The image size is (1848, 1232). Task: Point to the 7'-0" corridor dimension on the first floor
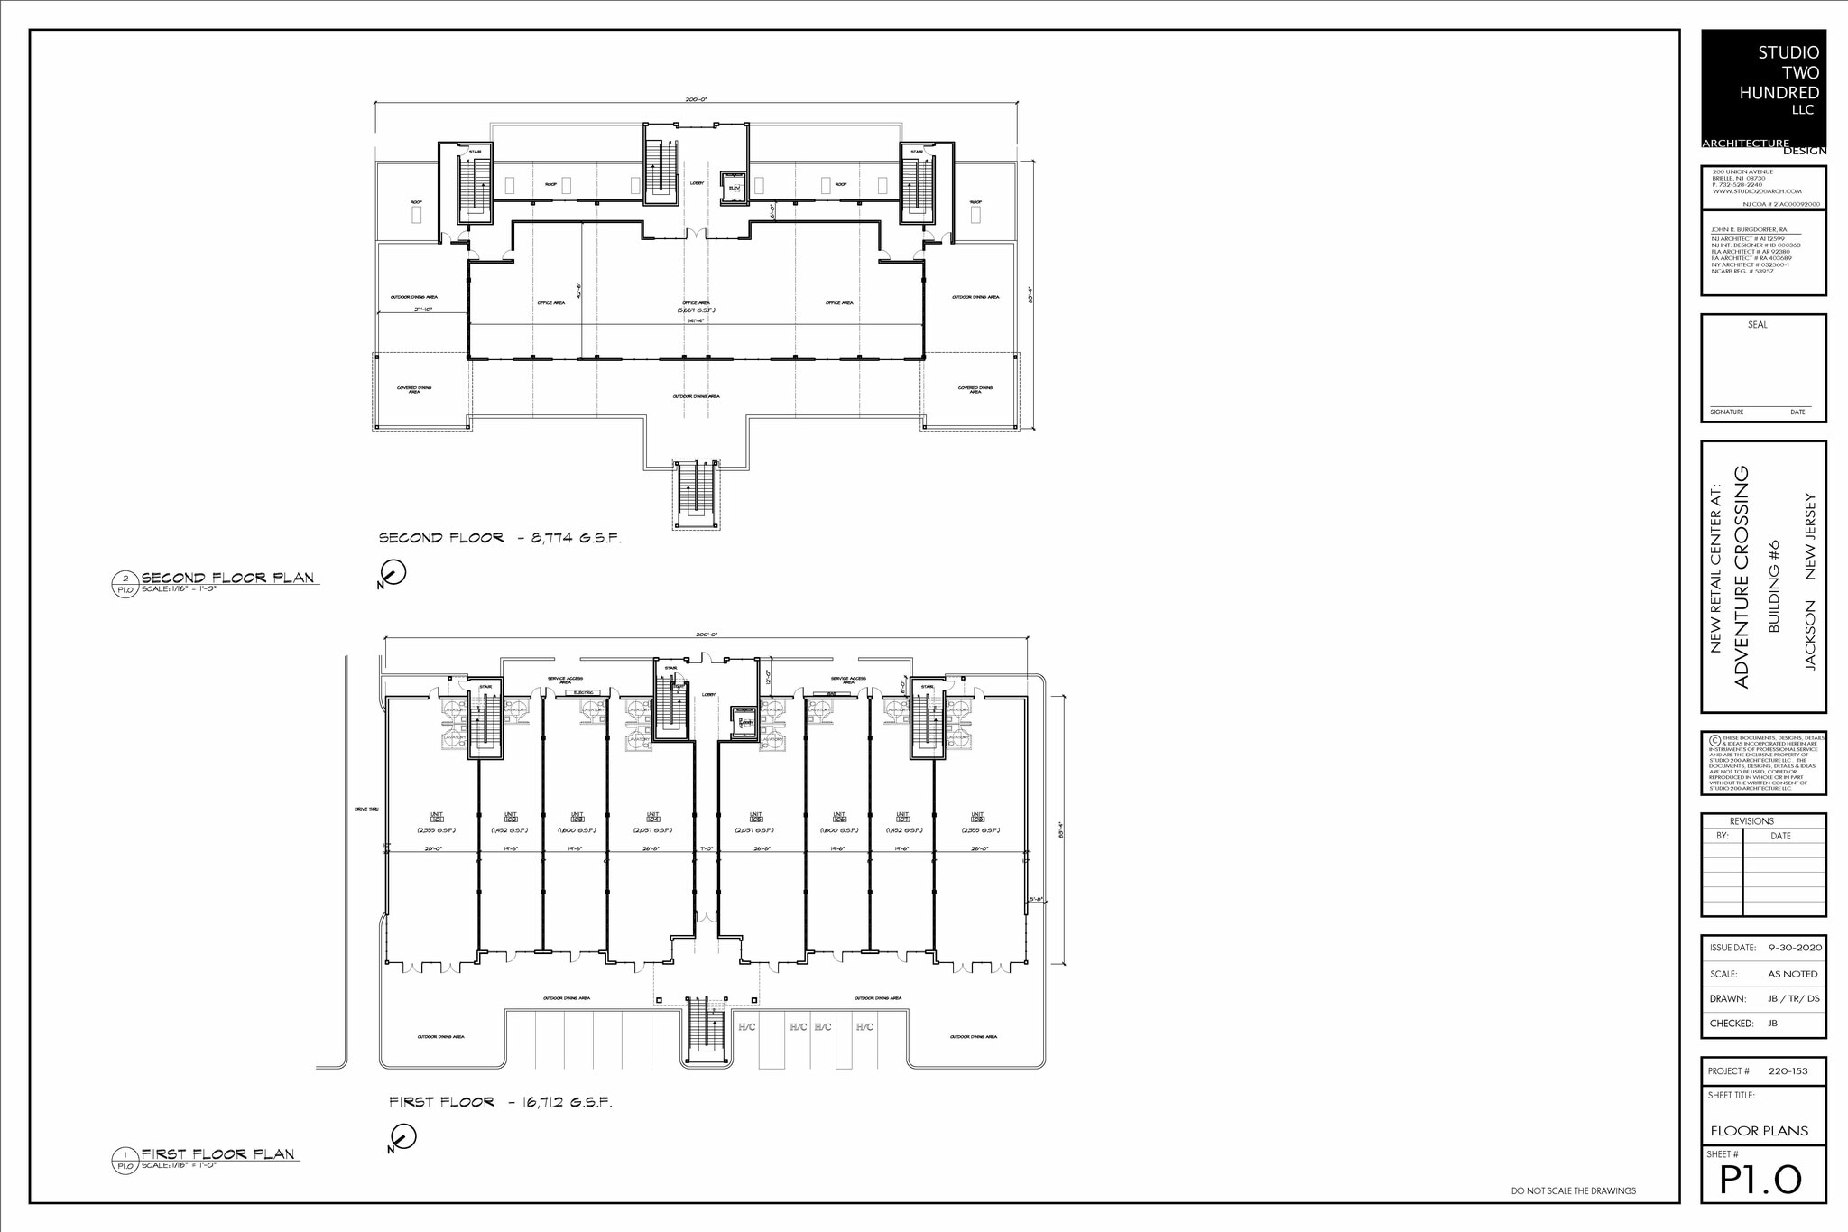click(x=707, y=848)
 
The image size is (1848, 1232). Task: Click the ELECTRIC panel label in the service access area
click(x=582, y=692)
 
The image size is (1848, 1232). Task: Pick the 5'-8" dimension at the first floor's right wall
click(x=1037, y=899)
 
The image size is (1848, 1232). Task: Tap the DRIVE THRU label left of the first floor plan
click(x=366, y=809)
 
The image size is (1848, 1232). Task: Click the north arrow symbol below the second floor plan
click(x=393, y=572)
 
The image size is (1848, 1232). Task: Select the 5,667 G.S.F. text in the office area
click(x=697, y=310)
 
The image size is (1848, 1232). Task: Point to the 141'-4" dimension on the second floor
click(x=695, y=320)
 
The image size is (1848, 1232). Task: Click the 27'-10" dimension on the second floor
click(x=424, y=310)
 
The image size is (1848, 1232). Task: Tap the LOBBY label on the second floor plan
click(x=697, y=183)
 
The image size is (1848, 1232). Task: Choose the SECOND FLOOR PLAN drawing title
click(x=227, y=578)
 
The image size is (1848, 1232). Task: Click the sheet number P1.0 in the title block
click(x=1760, y=1180)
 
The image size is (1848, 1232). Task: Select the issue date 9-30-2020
click(x=1795, y=948)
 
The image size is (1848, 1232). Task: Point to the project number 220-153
click(x=1788, y=1071)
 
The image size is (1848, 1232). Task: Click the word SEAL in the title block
click(x=1757, y=325)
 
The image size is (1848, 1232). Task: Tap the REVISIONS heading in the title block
click(x=1751, y=821)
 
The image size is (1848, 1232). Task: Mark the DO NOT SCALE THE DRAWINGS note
click(x=1573, y=1191)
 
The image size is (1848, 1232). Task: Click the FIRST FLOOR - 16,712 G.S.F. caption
click(x=500, y=1102)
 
